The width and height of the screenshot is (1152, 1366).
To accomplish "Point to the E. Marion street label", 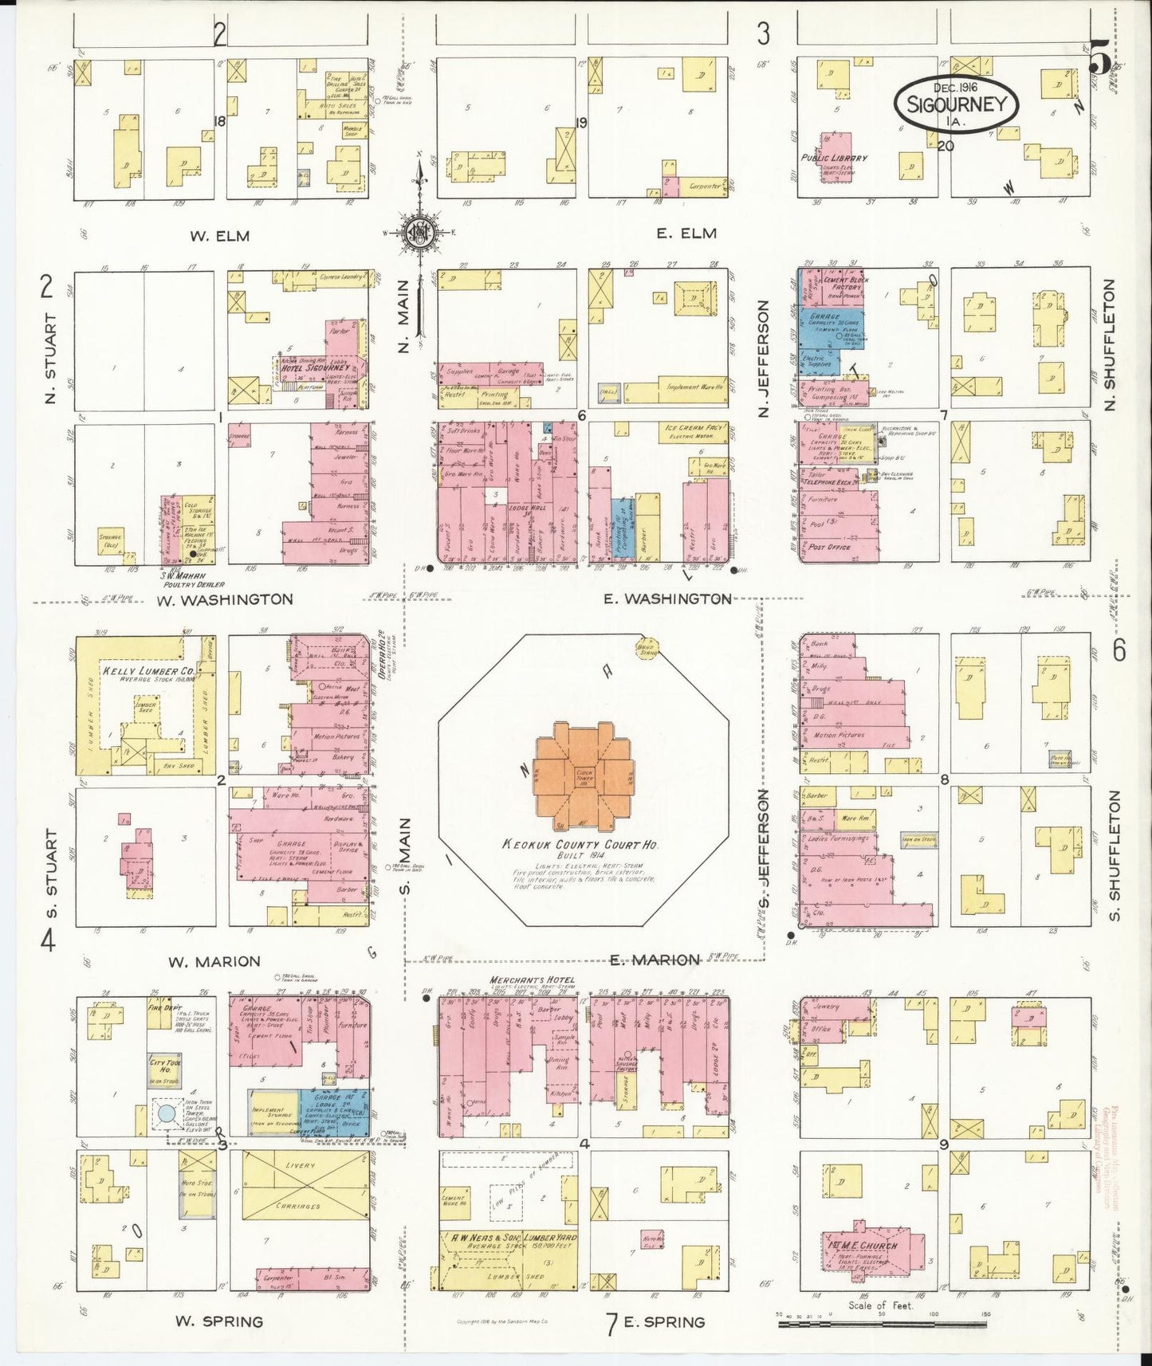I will coord(655,960).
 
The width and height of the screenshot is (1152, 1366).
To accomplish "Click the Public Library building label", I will coord(835,158).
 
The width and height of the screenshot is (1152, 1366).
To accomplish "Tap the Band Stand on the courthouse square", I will coord(647,648).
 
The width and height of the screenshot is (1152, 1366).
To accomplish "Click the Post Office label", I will coord(829,548).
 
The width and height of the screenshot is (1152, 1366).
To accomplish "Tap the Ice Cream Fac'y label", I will coord(690,428).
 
